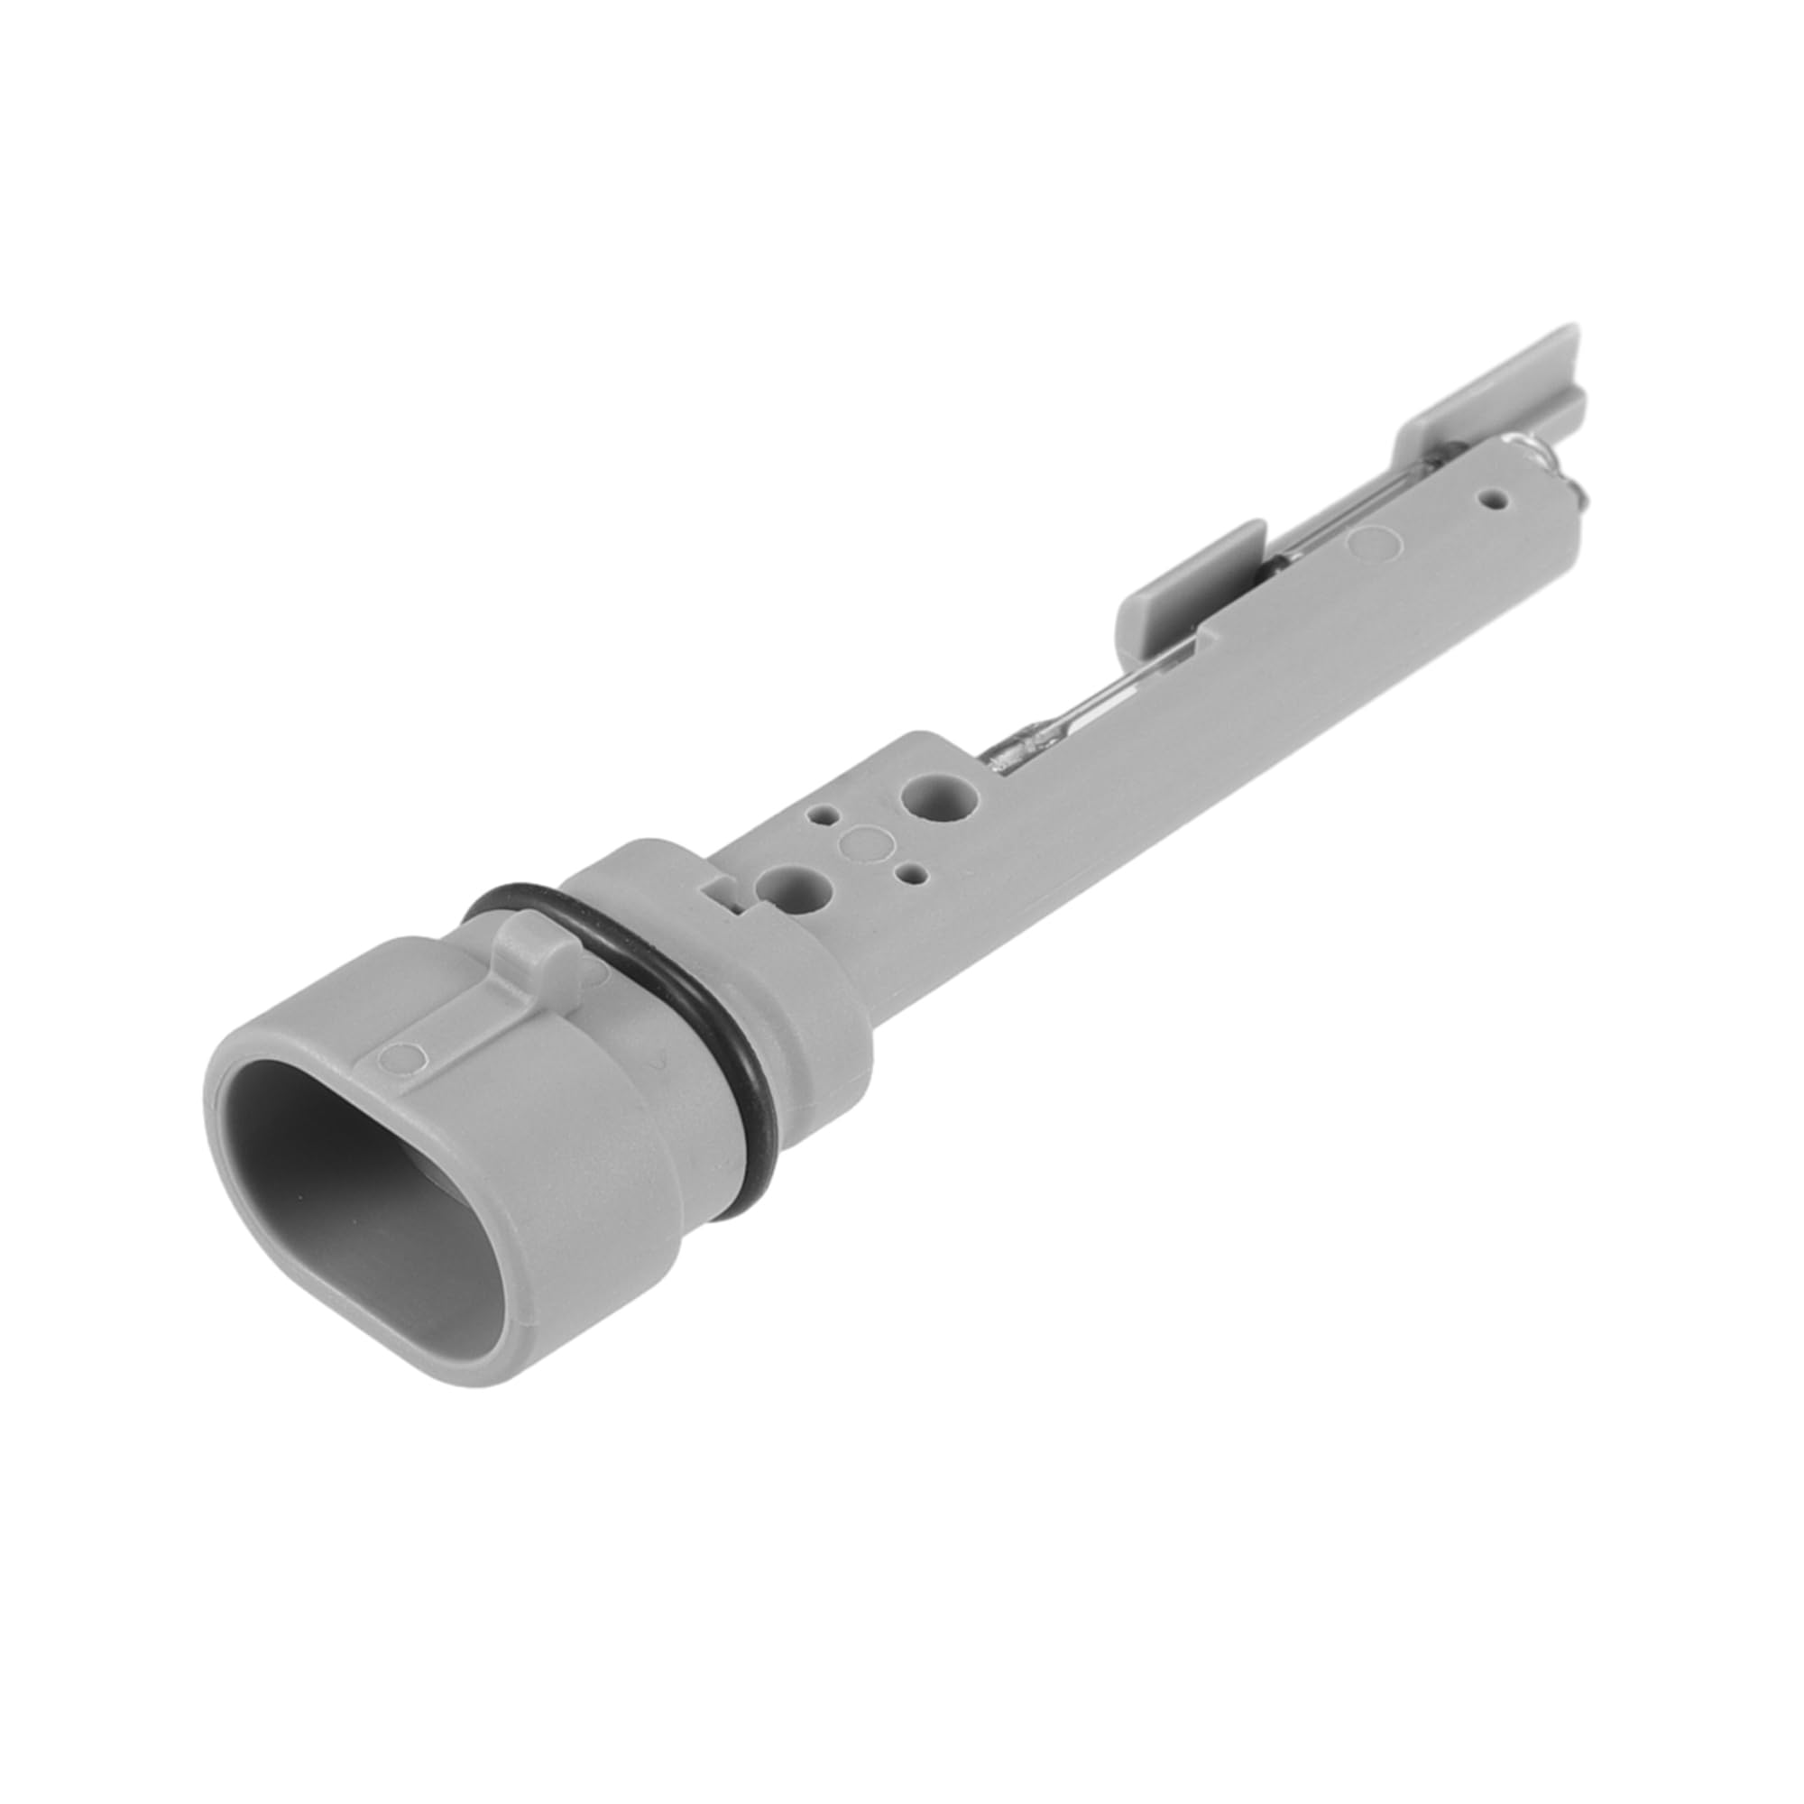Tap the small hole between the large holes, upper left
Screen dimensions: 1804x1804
point(823,815)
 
